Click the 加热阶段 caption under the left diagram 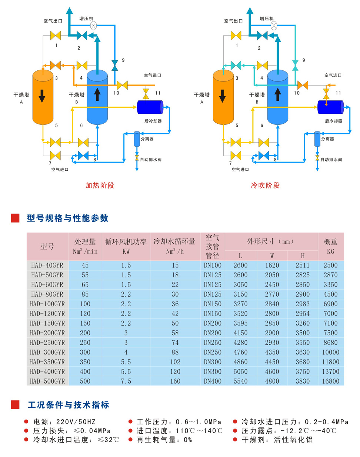tap(100, 185)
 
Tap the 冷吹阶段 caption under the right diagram tap(265, 185)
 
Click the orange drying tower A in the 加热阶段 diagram tap(43, 97)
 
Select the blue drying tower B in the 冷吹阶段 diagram tap(277, 97)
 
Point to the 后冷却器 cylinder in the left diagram tap(150, 107)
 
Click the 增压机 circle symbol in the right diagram tap(274, 26)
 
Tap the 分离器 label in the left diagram tap(147, 139)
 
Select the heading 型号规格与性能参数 tap(67, 218)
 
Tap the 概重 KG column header tap(330, 246)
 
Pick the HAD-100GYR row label tap(47, 304)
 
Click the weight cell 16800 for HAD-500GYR tap(330, 381)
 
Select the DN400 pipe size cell tap(213, 381)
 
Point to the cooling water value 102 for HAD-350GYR tap(175, 362)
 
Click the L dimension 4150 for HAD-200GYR tap(240, 333)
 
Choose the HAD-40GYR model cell tap(47, 266)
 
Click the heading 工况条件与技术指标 tap(68, 405)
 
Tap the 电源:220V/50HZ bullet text tap(64, 422)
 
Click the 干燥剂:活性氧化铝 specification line tap(277, 440)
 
